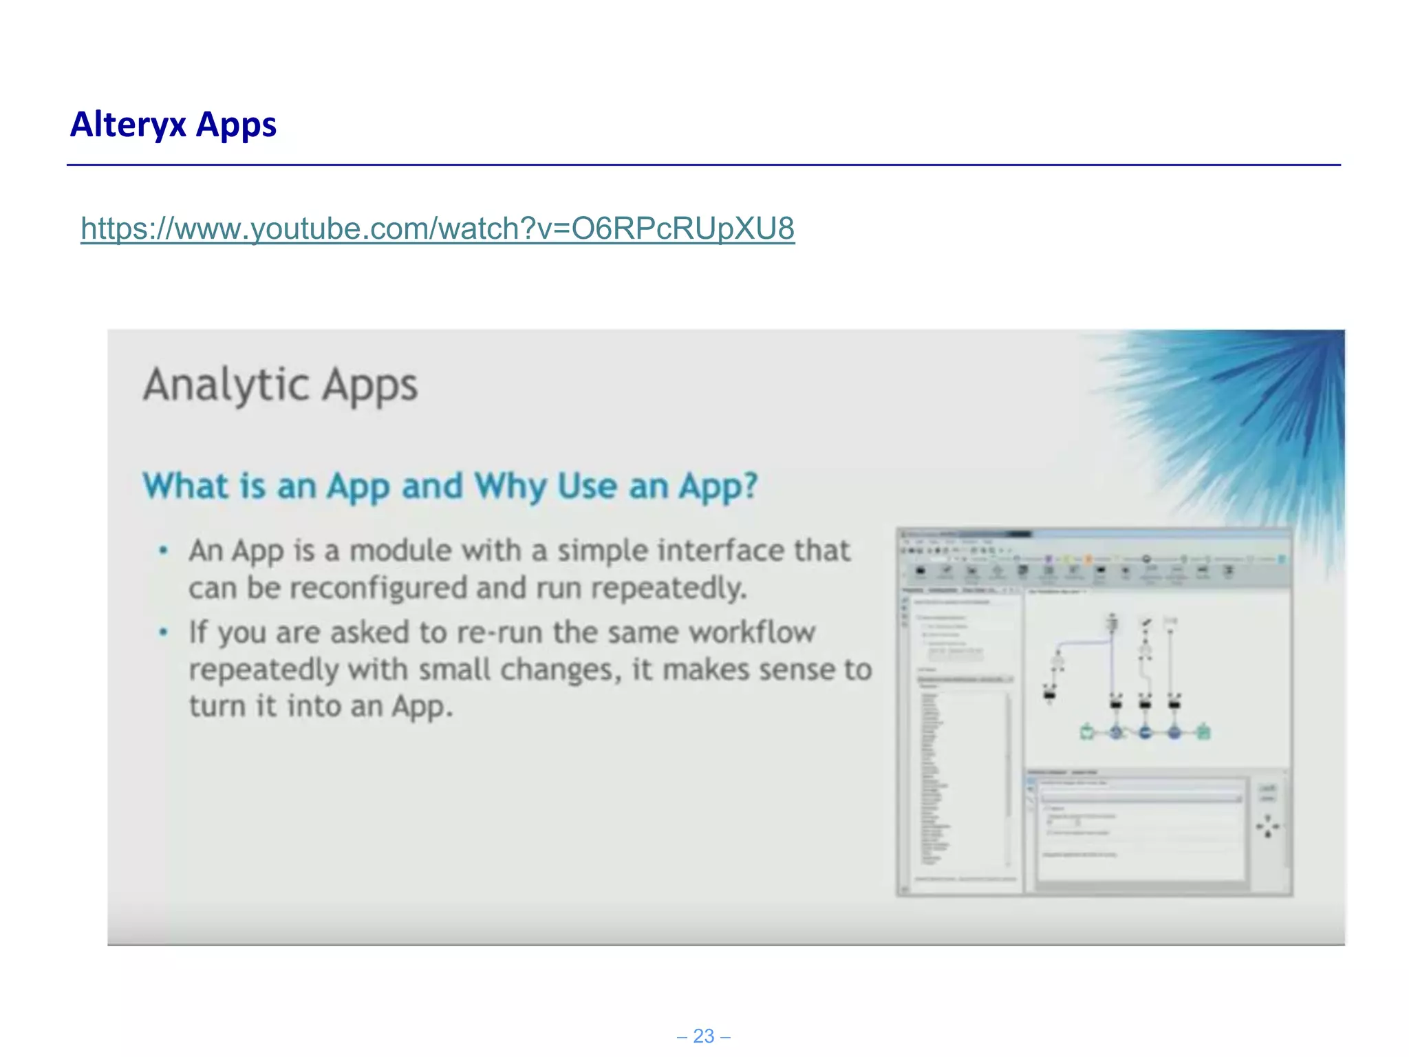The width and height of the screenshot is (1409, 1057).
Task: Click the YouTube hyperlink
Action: coord(438,228)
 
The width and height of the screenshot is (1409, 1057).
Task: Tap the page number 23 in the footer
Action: coord(703,1036)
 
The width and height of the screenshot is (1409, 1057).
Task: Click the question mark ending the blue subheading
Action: coord(749,486)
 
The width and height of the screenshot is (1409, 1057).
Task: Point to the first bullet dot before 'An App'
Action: coord(163,551)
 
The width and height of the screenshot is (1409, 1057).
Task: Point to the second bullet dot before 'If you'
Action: coord(163,632)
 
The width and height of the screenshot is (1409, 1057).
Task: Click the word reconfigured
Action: coord(377,588)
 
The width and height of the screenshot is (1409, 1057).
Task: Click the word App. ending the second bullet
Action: coord(422,707)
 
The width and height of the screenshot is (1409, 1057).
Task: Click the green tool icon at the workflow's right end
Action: coord(1203,732)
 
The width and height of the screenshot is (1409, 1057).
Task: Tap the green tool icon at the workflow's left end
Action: coord(1087,732)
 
